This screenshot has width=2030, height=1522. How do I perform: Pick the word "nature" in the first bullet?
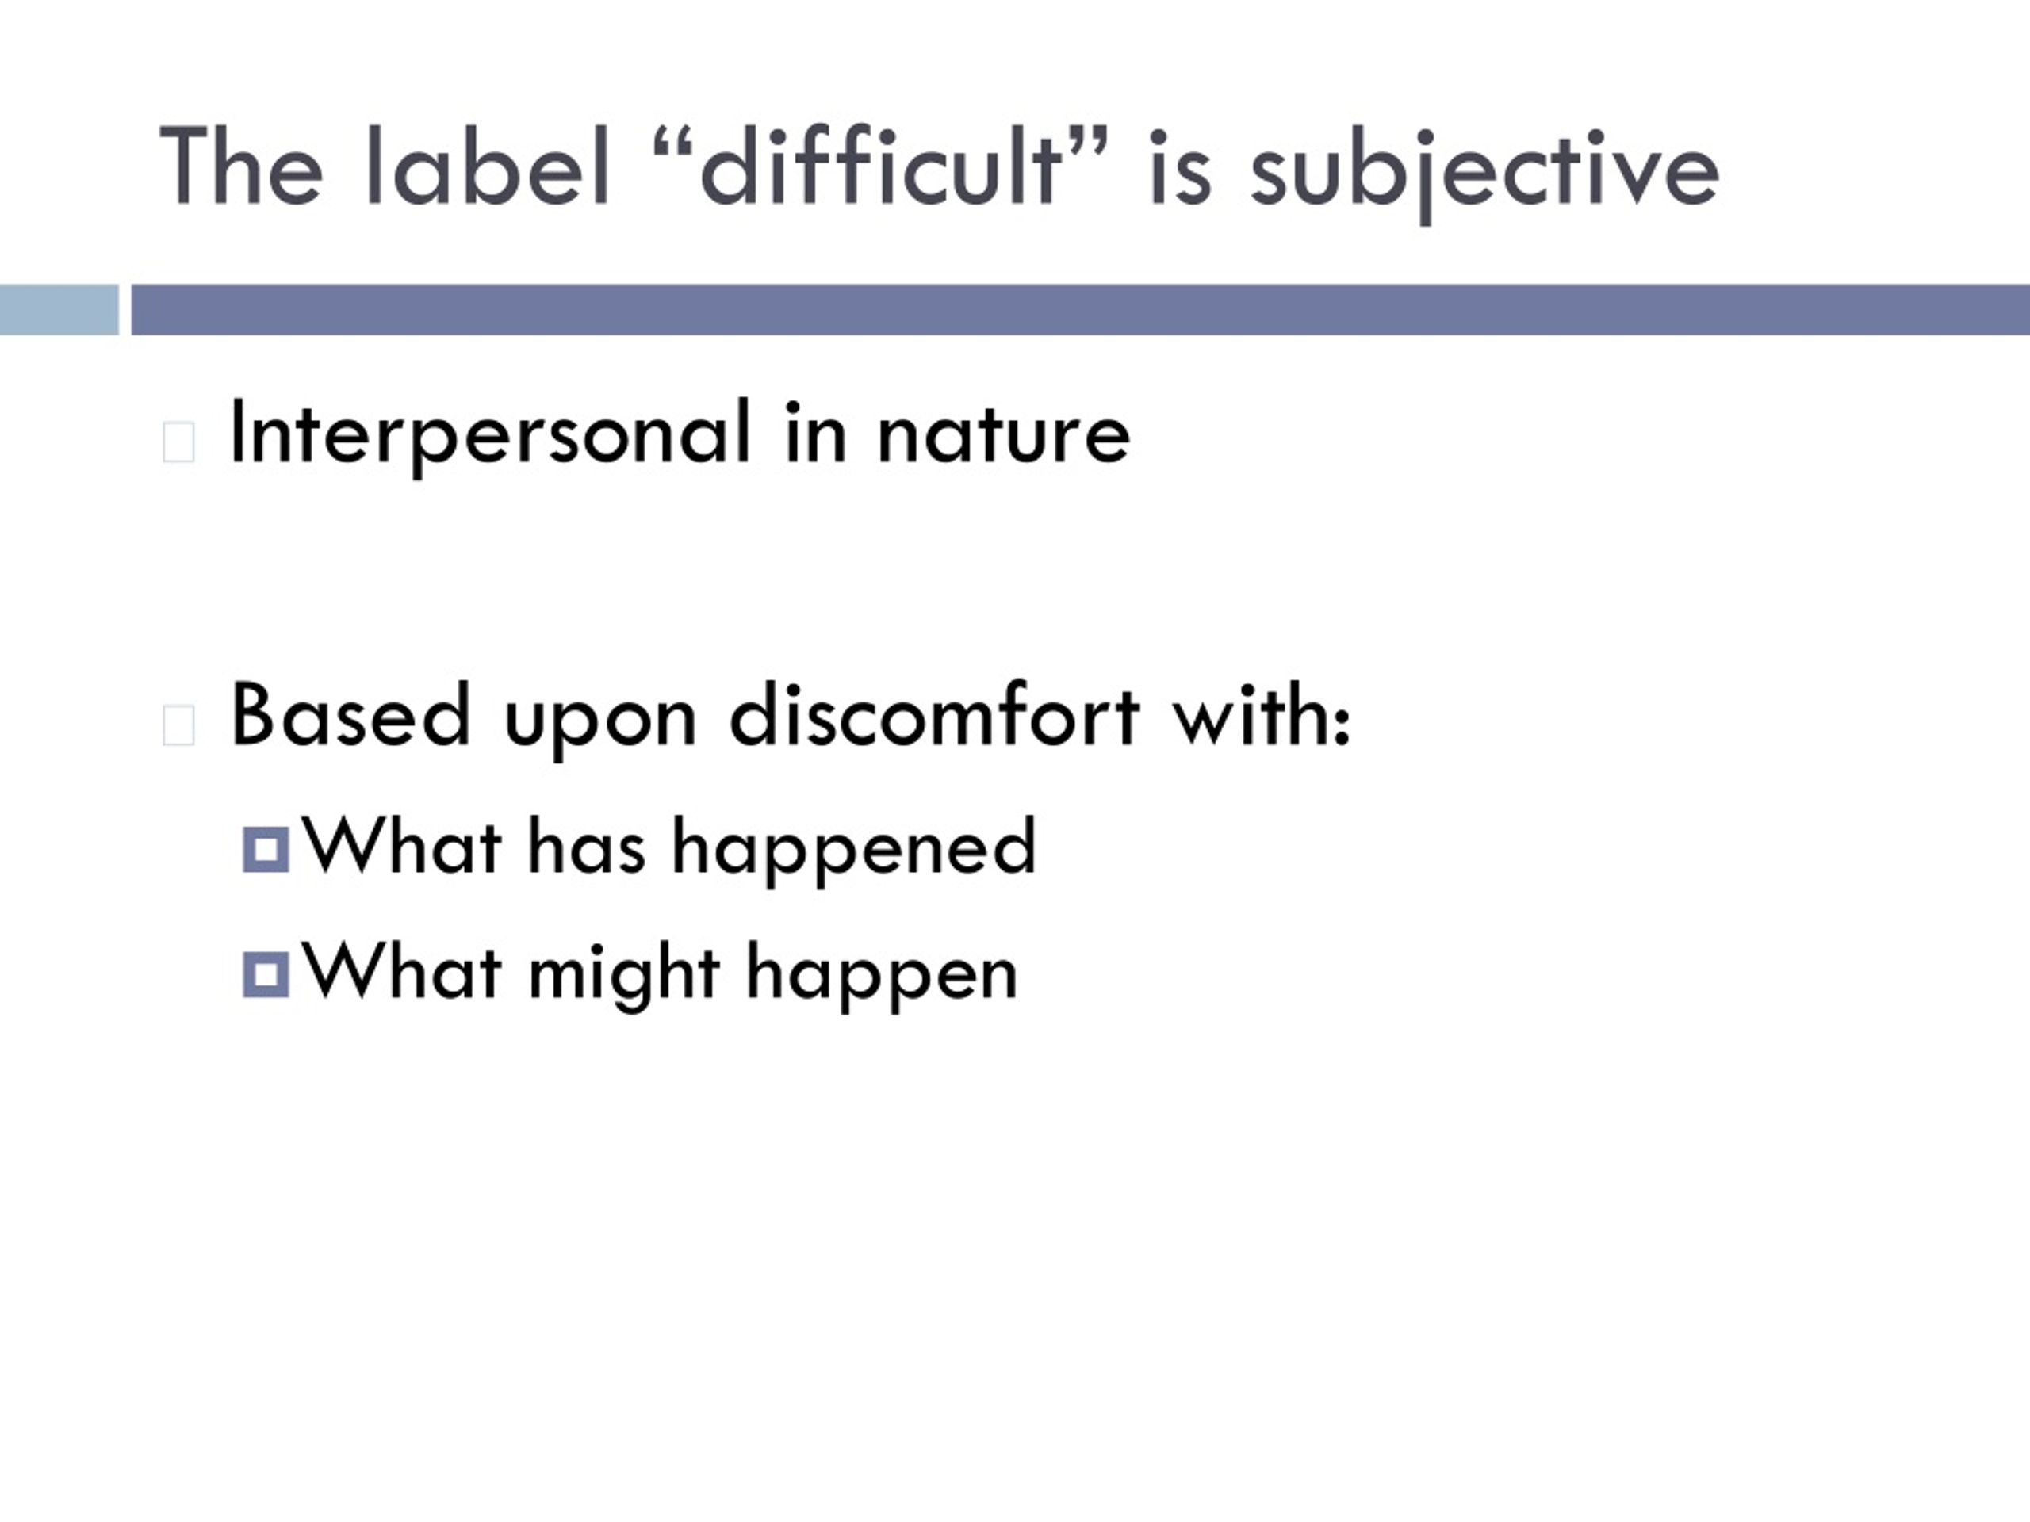tap(1004, 434)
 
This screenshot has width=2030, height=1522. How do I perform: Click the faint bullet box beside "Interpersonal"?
tap(178, 442)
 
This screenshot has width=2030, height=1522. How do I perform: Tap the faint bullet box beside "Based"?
tap(178, 725)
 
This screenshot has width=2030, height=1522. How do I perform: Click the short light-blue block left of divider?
tap(59, 309)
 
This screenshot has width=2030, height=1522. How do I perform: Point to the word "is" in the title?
tap(1180, 168)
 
